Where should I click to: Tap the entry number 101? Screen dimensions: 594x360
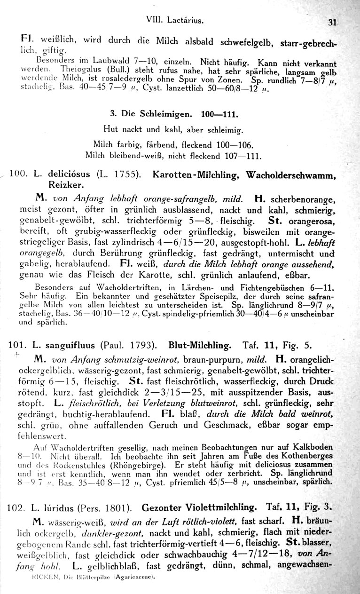pos(18,346)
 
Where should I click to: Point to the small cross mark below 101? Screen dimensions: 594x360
pos(16,355)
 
